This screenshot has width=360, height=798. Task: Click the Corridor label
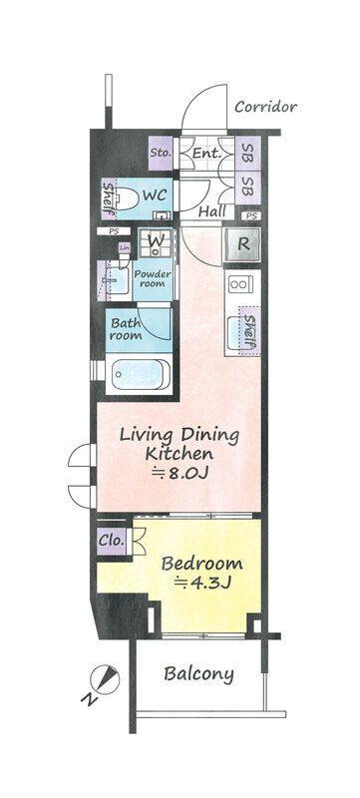click(265, 107)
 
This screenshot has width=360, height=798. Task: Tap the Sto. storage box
click(161, 154)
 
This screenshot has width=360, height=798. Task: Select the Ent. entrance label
click(205, 154)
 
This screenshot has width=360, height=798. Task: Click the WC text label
click(153, 195)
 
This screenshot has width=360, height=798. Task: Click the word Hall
click(210, 211)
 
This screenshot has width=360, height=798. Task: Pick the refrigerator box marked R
click(243, 240)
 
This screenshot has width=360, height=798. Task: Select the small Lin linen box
click(125, 247)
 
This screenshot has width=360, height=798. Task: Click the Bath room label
click(127, 329)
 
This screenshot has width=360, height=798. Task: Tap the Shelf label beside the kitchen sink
click(251, 331)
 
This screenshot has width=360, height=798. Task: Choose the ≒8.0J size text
click(180, 474)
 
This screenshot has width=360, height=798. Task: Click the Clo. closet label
click(112, 540)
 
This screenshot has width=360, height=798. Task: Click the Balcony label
click(199, 673)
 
